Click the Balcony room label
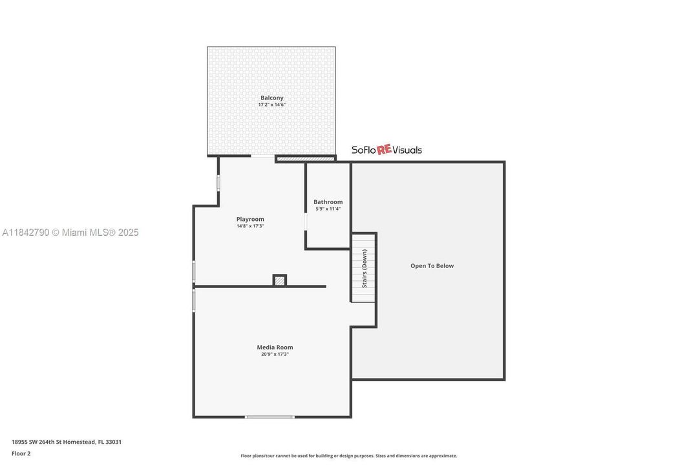(x=272, y=98)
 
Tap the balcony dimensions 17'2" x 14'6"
(x=272, y=105)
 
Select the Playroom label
(x=250, y=220)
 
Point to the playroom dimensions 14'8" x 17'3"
(x=250, y=226)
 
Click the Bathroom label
(x=328, y=202)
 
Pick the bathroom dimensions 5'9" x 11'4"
(x=328, y=209)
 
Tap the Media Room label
(x=275, y=347)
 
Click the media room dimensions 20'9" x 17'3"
(x=275, y=354)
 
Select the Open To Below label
(x=432, y=266)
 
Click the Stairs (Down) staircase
(x=364, y=268)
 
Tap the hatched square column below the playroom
(x=280, y=280)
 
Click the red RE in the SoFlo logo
(x=384, y=150)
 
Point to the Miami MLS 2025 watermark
(x=70, y=232)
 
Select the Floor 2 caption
(x=21, y=454)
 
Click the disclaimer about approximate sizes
(x=349, y=456)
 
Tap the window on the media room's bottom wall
(x=270, y=417)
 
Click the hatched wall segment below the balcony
(x=305, y=158)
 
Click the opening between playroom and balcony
(x=263, y=156)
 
